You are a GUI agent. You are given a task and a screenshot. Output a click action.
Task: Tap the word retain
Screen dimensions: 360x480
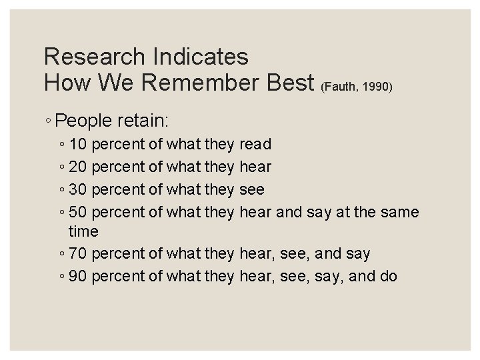click(145, 121)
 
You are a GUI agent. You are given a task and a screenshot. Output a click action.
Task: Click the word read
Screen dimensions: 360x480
click(255, 143)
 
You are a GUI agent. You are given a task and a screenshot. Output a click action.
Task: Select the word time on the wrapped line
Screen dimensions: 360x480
click(83, 232)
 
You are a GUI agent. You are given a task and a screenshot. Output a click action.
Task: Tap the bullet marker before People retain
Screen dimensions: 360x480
click(50, 122)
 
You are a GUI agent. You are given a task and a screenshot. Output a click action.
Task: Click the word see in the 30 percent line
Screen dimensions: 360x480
click(251, 189)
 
